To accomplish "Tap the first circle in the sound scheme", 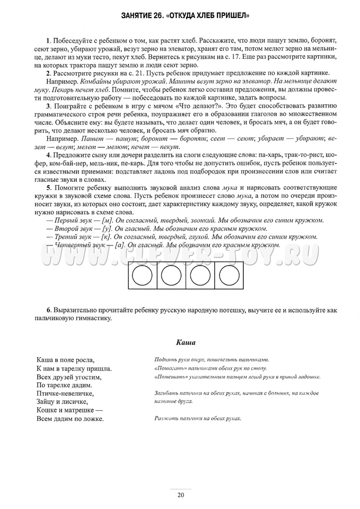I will coord(142,276).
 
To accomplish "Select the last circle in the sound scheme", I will coord(229,276).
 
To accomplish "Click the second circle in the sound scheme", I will coord(171,276).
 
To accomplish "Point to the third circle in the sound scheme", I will coord(200,276).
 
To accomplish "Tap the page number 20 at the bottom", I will coord(180,495).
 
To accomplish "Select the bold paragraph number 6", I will coord(48,310).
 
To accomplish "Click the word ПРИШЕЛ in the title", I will coord(231,16).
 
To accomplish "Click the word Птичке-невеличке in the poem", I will coord(66,393).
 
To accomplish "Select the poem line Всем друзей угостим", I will coord(69,377).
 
